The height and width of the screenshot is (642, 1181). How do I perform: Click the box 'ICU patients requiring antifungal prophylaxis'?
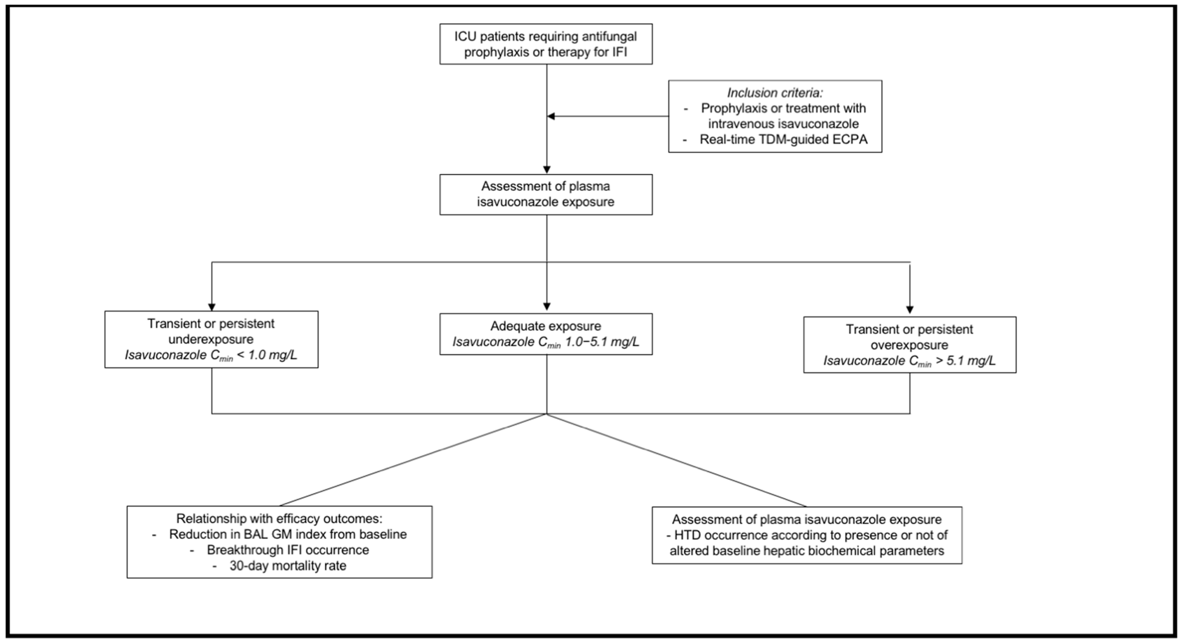tap(545, 44)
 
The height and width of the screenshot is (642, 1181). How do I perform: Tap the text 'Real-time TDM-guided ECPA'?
tap(783, 139)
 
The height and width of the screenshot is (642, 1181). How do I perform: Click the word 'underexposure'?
tap(211, 339)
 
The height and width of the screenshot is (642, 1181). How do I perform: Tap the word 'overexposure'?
tap(909, 345)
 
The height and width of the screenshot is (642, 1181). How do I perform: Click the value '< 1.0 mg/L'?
tap(267, 356)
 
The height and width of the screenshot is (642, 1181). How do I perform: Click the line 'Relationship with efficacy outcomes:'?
tap(279, 519)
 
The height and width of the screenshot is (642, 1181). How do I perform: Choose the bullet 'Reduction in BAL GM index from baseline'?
tap(287, 534)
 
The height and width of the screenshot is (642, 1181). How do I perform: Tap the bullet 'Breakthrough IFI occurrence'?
tap(287, 550)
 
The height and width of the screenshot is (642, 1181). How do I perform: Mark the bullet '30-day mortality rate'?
tap(287, 566)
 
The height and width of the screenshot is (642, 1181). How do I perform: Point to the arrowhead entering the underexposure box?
tap(211, 307)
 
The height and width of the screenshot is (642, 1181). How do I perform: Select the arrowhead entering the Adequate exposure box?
tap(547, 307)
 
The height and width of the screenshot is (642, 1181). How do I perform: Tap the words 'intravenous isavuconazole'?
tap(783, 124)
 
